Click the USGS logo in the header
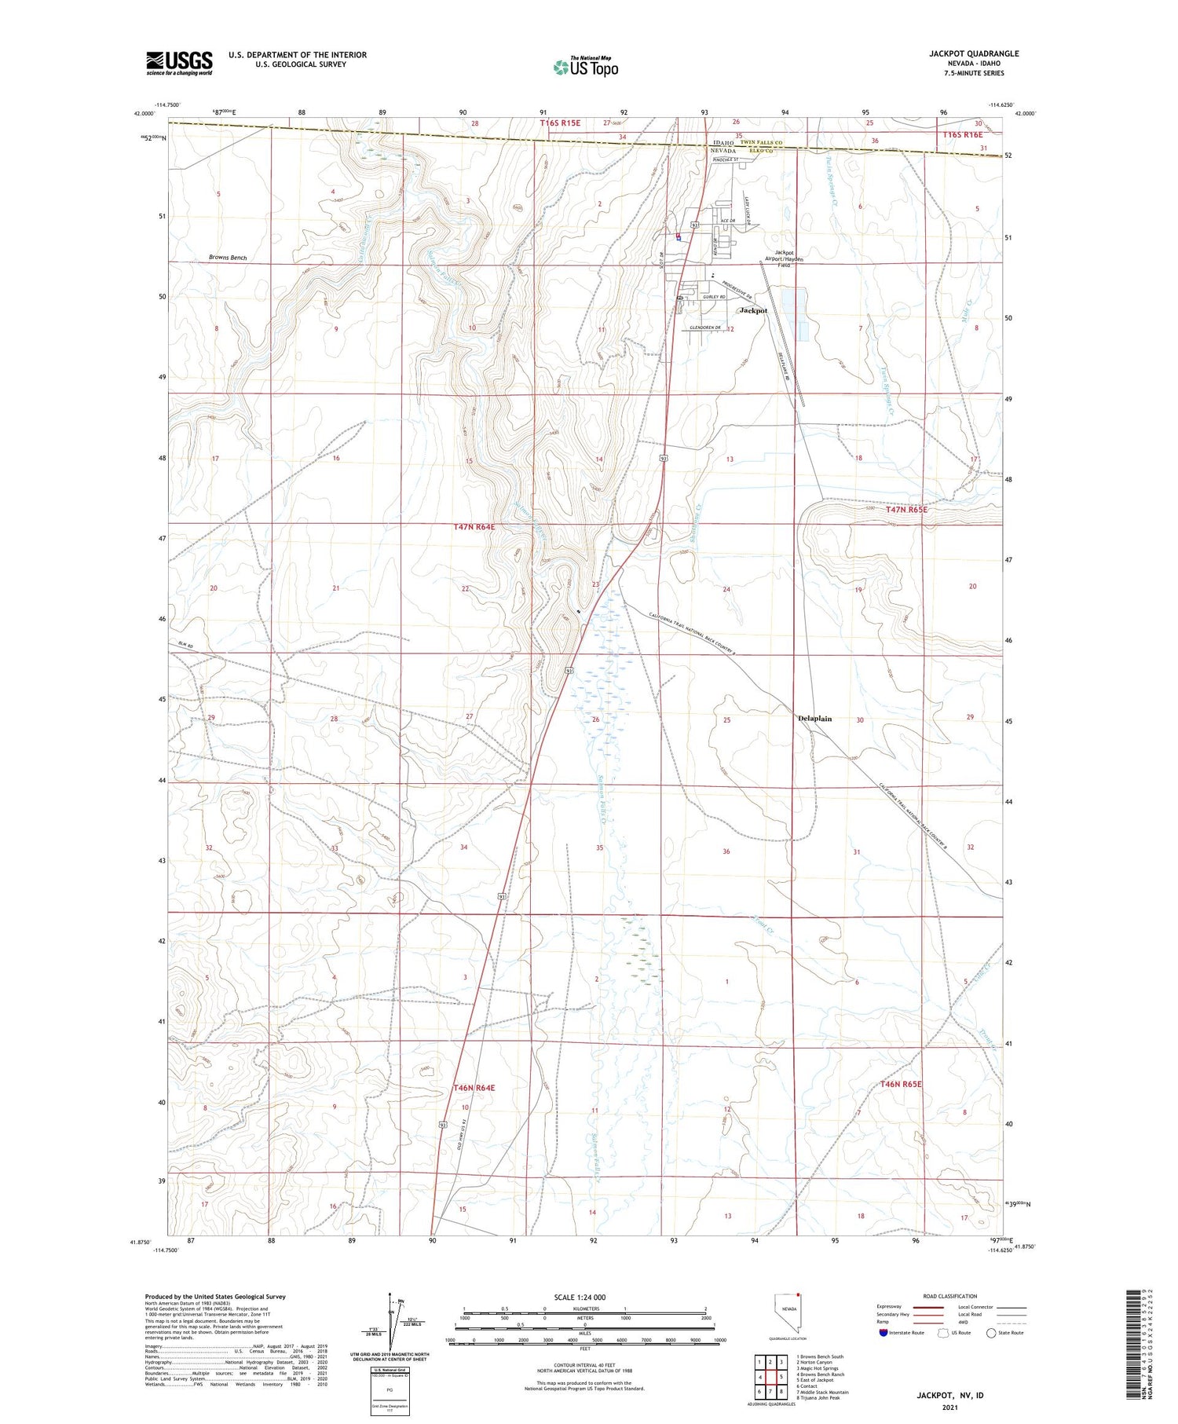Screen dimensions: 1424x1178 (x=179, y=63)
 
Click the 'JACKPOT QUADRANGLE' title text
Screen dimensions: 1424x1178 (x=974, y=53)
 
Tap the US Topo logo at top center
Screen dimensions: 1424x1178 (x=584, y=68)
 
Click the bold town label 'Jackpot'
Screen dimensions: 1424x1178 (x=753, y=310)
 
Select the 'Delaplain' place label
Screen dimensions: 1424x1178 (x=814, y=719)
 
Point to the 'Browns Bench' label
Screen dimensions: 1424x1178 (x=228, y=258)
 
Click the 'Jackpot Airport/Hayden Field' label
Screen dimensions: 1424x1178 (x=784, y=258)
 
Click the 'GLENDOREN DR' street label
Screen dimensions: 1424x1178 (x=704, y=328)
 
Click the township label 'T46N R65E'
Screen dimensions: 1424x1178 (x=900, y=1084)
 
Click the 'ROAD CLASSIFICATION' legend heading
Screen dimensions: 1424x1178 (x=950, y=1296)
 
